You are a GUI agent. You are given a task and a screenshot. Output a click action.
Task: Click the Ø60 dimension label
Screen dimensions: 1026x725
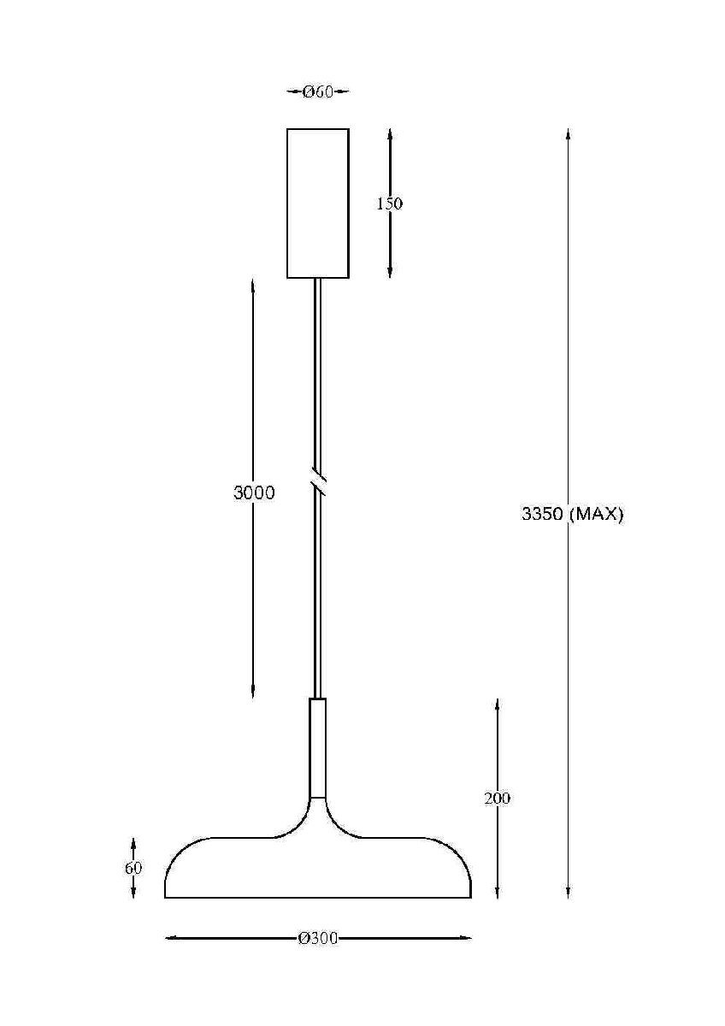point(317,92)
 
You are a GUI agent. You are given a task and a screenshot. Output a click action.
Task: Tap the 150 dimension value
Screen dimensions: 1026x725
point(389,203)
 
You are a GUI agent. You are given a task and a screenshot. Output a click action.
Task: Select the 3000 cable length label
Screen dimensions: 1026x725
point(254,492)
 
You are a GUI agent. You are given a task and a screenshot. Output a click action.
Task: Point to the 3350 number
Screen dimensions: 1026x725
point(542,515)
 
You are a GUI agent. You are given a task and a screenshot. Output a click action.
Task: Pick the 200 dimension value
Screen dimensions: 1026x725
point(497,799)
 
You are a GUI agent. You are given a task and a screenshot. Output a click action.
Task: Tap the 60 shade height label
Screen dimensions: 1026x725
point(133,868)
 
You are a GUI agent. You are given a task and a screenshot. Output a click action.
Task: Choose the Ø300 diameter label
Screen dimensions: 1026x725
point(318,939)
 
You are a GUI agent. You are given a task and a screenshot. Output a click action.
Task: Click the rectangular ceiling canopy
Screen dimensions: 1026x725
point(317,203)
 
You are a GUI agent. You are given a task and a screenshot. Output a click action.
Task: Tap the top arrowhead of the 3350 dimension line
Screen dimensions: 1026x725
point(568,133)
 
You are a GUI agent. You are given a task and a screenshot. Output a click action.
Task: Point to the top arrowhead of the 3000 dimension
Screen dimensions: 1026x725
point(254,284)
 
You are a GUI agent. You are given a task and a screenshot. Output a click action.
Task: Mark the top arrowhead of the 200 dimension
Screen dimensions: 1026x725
point(497,704)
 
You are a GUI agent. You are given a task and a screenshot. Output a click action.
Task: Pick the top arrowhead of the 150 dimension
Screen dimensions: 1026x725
point(390,134)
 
